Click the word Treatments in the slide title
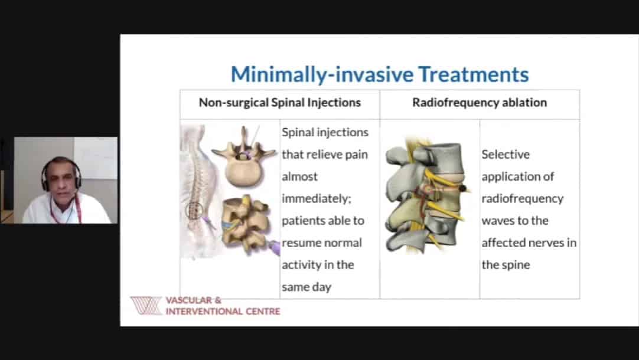click(474, 74)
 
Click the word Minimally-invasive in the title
click(322, 75)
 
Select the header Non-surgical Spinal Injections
click(279, 103)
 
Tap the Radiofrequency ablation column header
click(480, 102)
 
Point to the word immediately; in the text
click(317, 199)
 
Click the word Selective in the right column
click(506, 155)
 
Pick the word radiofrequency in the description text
click(523, 199)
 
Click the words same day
click(307, 287)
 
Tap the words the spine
click(506, 265)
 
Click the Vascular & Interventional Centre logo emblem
click(146, 306)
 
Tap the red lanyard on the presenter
click(77, 208)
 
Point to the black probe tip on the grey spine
click(463, 188)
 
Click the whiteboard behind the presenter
click(95, 158)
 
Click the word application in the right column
click(517, 176)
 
